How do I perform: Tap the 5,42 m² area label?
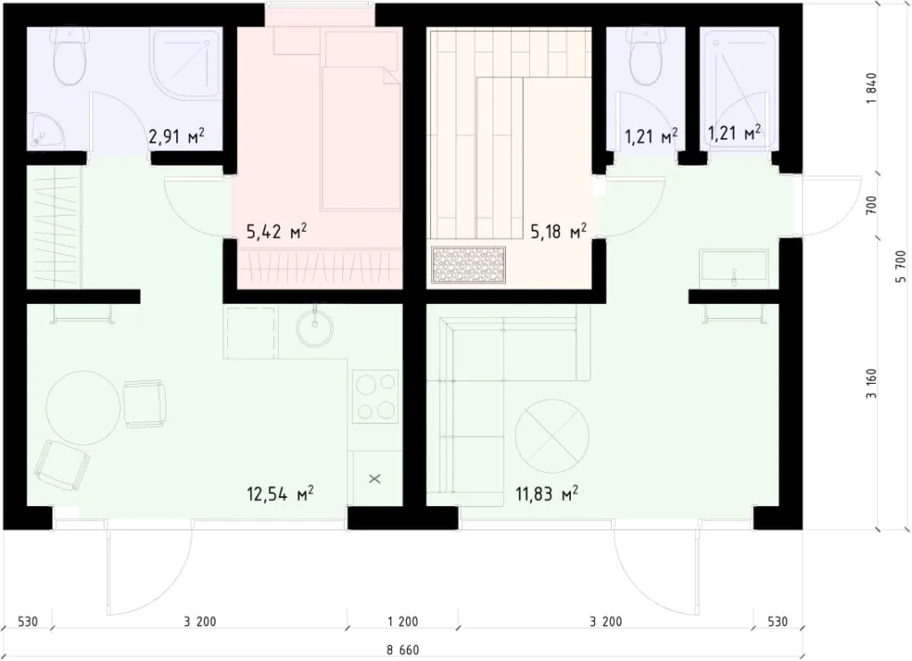click(276, 233)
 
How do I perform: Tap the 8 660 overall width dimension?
click(403, 649)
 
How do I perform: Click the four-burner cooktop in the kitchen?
click(376, 396)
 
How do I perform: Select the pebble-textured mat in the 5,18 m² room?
click(469, 265)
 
